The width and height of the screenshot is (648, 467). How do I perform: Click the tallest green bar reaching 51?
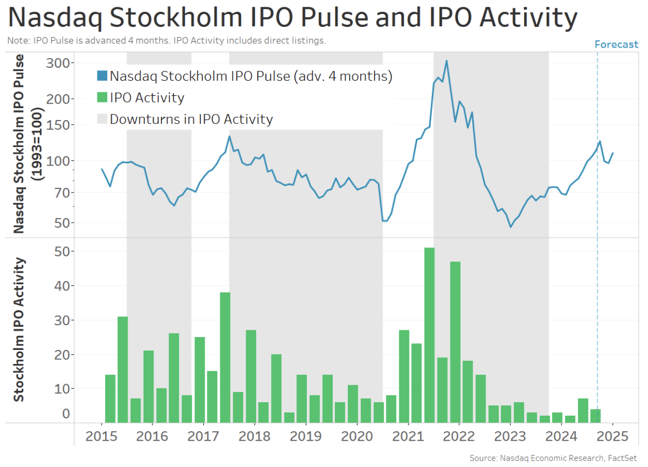(x=429, y=335)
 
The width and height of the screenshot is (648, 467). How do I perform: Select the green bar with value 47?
(x=455, y=342)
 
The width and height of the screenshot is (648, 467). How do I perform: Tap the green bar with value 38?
(x=225, y=357)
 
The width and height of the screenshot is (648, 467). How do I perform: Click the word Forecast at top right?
(x=616, y=45)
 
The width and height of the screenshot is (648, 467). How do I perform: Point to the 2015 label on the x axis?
(x=101, y=436)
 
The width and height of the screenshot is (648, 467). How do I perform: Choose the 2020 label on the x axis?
(x=357, y=436)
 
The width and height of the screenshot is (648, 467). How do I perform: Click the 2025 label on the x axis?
(x=612, y=436)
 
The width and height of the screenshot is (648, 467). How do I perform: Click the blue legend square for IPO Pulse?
(x=102, y=77)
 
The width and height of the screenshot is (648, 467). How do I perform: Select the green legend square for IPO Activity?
(x=102, y=98)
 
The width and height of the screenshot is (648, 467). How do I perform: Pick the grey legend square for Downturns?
(x=102, y=119)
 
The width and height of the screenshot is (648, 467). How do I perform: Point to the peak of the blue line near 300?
(x=446, y=61)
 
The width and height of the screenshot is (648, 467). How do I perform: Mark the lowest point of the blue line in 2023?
(x=511, y=227)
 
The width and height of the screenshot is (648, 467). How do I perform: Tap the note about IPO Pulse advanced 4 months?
(x=166, y=40)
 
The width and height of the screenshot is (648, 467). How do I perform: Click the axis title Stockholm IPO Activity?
(x=19, y=329)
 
